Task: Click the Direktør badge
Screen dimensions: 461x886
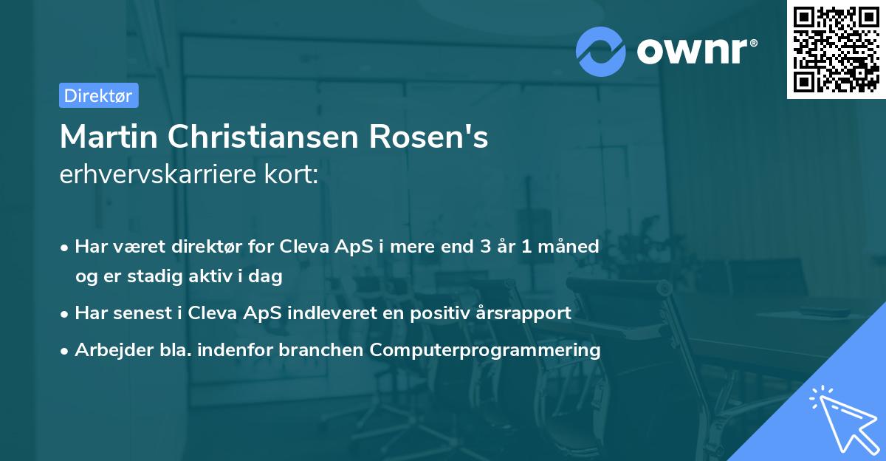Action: [x=98, y=95]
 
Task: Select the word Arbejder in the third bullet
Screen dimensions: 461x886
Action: [x=109, y=350]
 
